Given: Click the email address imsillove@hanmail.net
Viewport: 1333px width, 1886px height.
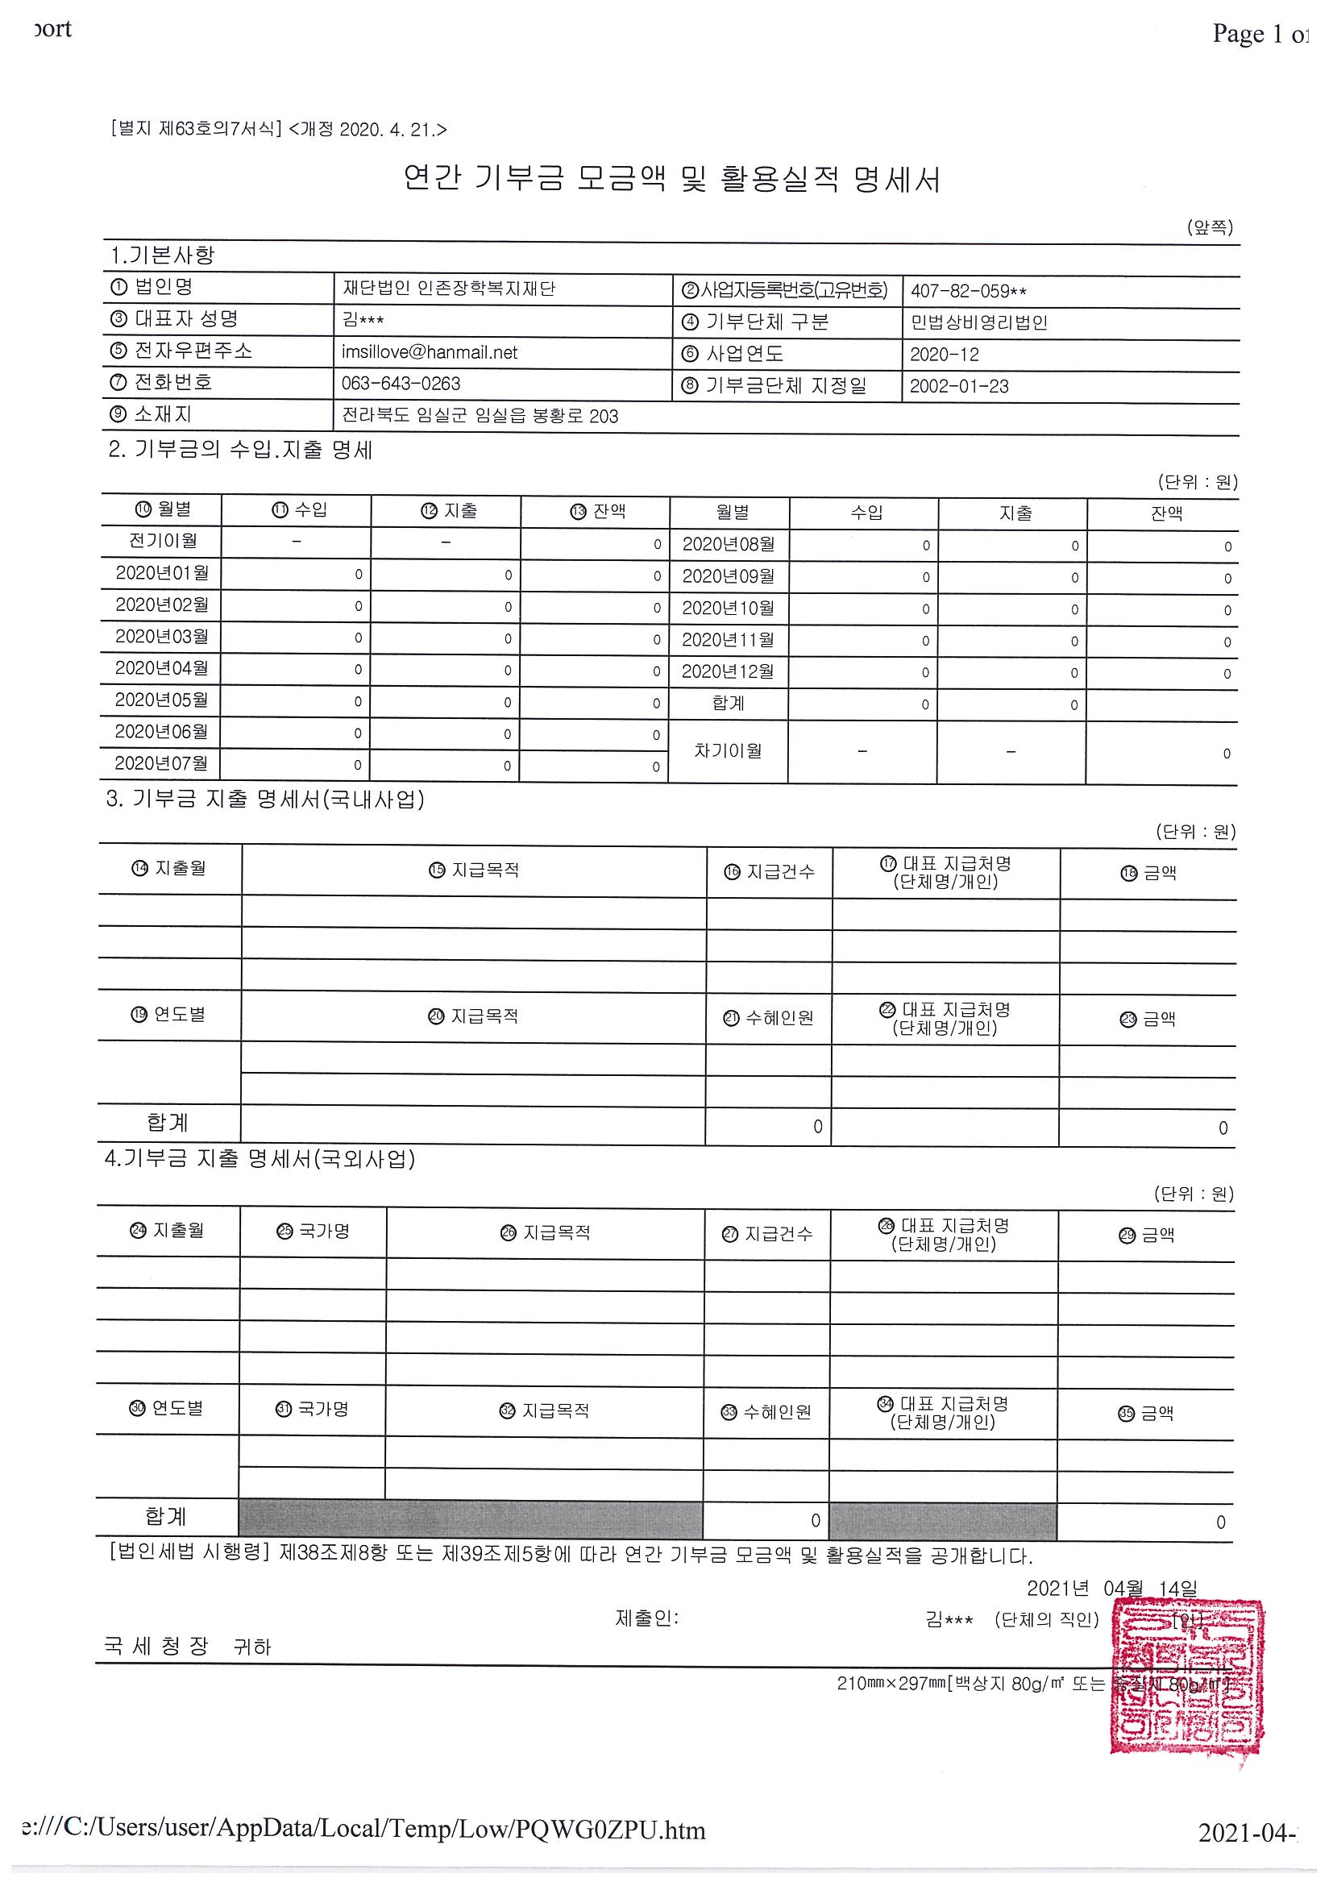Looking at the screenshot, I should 430,352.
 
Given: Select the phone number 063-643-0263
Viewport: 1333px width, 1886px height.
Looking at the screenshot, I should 401,384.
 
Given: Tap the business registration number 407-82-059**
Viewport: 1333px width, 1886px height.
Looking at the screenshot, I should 969,291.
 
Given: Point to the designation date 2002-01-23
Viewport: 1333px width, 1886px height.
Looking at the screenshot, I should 958,386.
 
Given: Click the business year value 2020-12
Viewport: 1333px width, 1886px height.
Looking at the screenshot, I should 945,354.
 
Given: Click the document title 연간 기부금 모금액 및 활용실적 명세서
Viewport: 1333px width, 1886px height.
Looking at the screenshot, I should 671,178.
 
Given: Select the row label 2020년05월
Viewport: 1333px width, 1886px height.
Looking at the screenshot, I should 161,700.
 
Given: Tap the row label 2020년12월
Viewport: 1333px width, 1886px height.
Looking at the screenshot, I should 728,671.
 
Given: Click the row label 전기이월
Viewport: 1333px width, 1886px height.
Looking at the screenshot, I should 163,541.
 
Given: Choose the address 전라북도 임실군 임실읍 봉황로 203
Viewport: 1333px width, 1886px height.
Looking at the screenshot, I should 480,416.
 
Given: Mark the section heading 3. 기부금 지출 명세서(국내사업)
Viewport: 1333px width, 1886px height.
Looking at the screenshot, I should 264,800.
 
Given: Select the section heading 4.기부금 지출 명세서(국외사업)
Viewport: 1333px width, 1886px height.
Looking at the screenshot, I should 260,1158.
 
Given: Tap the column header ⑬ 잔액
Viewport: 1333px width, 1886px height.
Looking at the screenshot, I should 597,511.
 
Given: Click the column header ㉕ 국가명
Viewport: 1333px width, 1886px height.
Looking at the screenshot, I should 313,1232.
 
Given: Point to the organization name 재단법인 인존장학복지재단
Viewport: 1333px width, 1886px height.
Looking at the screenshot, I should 448,289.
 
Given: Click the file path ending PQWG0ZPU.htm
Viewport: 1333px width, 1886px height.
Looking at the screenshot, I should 363,1830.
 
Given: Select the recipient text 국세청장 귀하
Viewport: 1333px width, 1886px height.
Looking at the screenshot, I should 186,1646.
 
